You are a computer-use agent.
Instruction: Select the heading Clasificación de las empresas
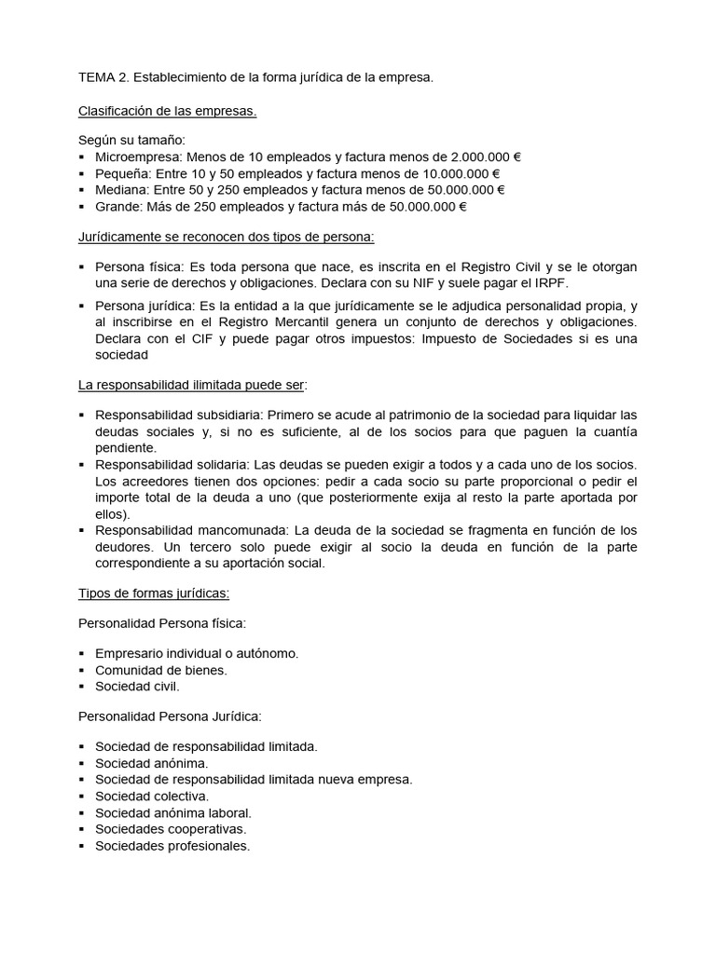click(167, 111)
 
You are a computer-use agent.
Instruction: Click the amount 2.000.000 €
click(486, 157)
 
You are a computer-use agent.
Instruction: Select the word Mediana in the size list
click(119, 190)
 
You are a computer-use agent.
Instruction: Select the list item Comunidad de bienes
click(161, 670)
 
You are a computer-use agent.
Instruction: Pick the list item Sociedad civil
click(137, 687)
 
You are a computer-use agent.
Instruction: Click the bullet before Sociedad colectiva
click(82, 797)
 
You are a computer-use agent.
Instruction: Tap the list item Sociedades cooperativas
click(171, 829)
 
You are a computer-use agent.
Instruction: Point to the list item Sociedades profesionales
click(172, 846)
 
